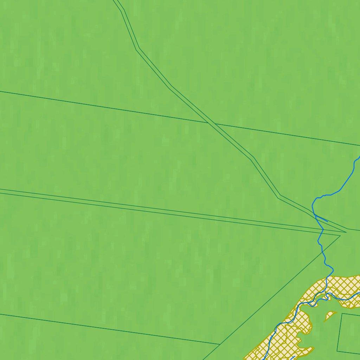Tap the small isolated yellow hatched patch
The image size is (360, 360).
coord(329,315)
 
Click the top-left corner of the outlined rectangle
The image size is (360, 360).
coord(342,314)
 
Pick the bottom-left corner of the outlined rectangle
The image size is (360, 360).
coord(337,351)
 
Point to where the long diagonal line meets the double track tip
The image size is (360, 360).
coord(340,235)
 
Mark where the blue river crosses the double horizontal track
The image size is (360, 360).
coord(323,230)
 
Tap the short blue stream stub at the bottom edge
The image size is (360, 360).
coord(293,358)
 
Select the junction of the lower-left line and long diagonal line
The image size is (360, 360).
coord(220,344)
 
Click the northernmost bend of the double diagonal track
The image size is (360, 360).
coord(123,10)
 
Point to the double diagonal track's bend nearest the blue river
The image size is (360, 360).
coord(279,197)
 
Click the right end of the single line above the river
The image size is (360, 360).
coord(359,145)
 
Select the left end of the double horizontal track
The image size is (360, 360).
coord(1,191)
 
